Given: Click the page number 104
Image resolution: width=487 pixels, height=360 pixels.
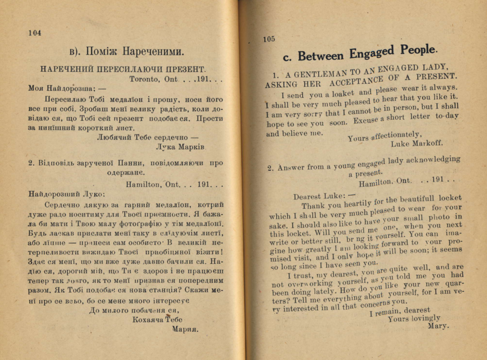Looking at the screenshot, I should (35, 33).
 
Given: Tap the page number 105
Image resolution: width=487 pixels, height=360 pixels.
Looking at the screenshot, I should (269, 39).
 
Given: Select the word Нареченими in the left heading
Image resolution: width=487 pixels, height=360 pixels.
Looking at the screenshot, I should (154, 51).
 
